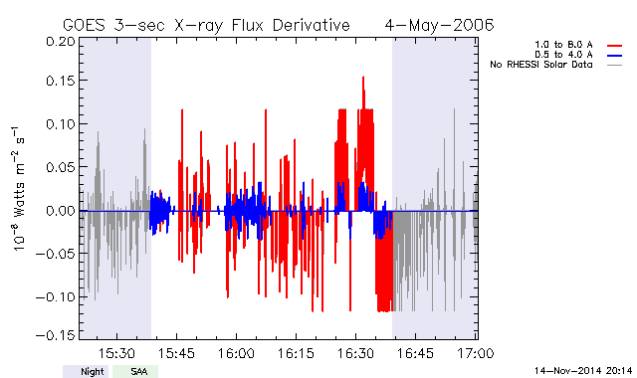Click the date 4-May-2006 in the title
439,25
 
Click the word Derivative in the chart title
311,25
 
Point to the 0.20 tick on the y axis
61,42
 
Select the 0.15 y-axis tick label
61,81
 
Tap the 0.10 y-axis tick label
61,123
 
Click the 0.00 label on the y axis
61,211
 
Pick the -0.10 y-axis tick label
56,296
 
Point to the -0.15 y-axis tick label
56,335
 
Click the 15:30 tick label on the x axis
117,353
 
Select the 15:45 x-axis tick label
177,353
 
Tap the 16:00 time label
237,353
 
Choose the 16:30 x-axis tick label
356,353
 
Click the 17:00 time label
476,353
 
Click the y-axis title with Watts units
18,189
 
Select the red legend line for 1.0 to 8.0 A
615,46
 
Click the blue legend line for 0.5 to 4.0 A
615,56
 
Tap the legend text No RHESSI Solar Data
541,65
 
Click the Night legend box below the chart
86,371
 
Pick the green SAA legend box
135,371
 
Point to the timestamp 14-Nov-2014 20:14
583,371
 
